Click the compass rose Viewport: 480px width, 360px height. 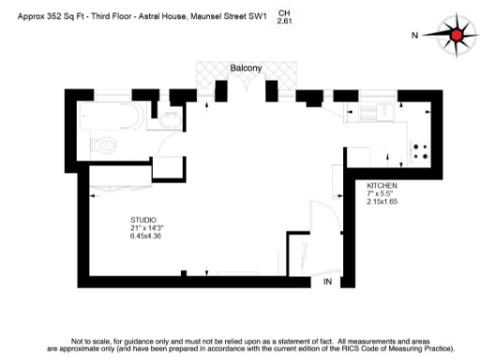[457, 36]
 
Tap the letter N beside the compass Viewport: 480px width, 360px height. [413, 36]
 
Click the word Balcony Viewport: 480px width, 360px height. [246, 68]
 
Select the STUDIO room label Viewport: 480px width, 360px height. [143, 219]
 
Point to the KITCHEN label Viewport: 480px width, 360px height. [382, 187]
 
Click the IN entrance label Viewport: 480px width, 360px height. [328, 281]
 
